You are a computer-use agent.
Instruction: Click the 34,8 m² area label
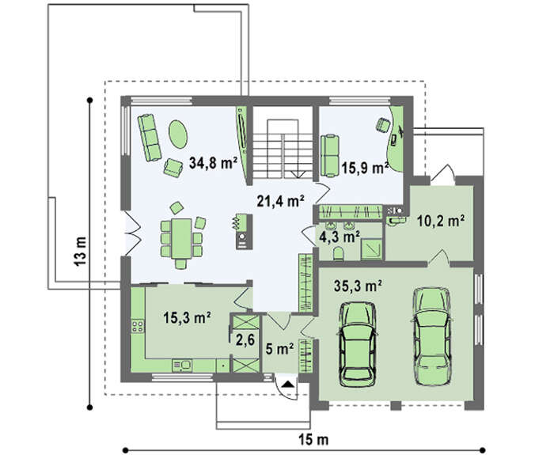(x=213, y=163)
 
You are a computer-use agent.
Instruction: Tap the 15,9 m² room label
(x=365, y=168)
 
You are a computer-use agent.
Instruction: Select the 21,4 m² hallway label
(x=281, y=201)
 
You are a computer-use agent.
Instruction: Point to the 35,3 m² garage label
(x=359, y=286)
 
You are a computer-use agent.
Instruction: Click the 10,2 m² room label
(x=441, y=221)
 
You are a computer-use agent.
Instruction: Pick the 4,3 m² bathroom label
(x=340, y=237)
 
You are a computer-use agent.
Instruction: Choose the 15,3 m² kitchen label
(x=188, y=317)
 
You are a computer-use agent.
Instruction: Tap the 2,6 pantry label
(x=245, y=340)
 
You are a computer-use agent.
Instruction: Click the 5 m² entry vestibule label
(x=280, y=350)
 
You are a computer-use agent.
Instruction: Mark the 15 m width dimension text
(x=313, y=440)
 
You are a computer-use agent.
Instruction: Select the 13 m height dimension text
(x=81, y=251)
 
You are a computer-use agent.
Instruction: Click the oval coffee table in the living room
(x=178, y=135)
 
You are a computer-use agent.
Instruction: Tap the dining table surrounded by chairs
(x=181, y=238)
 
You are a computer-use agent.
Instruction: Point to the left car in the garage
(x=357, y=344)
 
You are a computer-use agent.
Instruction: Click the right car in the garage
(x=432, y=336)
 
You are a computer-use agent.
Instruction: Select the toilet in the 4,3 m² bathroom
(x=338, y=254)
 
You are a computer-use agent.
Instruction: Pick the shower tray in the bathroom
(x=371, y=249)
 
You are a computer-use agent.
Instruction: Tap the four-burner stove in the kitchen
(x=138, y=326)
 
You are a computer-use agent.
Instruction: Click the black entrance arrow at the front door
(x=288, y=383)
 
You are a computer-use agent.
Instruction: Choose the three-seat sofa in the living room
(x=150, y=138)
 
